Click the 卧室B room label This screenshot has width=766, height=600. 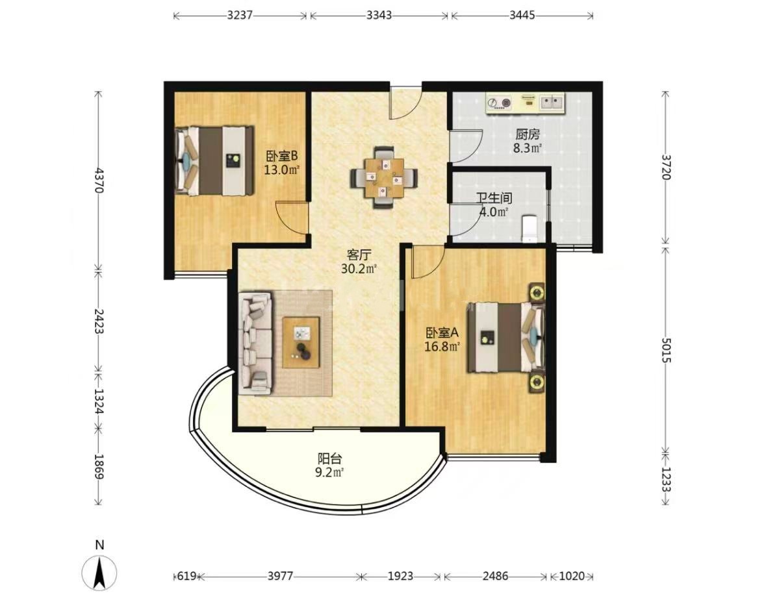pyautogui.click(x=282, y=156)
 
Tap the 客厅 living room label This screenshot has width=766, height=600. pyautogui.click(x=359, y=255)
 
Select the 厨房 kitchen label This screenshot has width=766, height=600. pyautogui.click(x=528, y=134)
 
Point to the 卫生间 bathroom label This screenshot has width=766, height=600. pyautogui.click(x=494, y=198)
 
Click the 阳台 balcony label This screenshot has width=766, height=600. pyautogui.click(x=330, y=459)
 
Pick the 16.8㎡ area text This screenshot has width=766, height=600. pyautogui.click(x=442, y=347)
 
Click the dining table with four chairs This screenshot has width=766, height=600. pyautogui.click(x=385, y=177)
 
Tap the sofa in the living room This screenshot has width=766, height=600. pyautogui.click(x=255, y=344)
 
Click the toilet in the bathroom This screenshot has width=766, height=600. pyautogui.click(x=529, y=229)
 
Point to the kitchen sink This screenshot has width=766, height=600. pyautogui.click(x=551, y=103)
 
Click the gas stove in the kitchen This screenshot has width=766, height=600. pyautogui.click(x=500, y=103)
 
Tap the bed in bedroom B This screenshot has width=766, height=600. pyautogui.click(x=214, y=160)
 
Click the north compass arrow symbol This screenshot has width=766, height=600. pyautogui.click(x=99, y=573)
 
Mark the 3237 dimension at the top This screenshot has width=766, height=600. pyautogui.click(x=240, y=15)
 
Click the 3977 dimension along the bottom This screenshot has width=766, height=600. pyautogui.click(x=281, y=576)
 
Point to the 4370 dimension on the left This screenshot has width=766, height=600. pyautogui.click(x=99, y=181)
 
